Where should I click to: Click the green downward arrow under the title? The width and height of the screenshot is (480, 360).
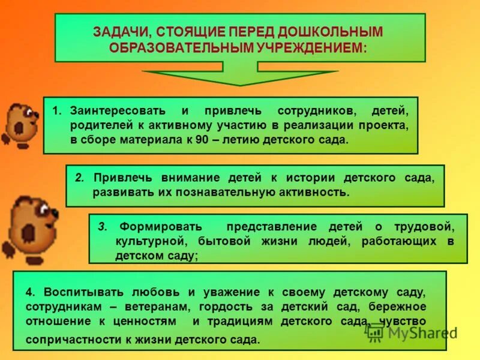(240, 76)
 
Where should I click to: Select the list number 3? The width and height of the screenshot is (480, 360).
(102, 226)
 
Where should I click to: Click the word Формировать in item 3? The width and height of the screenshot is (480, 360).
(160, 226)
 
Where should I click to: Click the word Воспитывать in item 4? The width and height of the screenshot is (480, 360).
(80, 292)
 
